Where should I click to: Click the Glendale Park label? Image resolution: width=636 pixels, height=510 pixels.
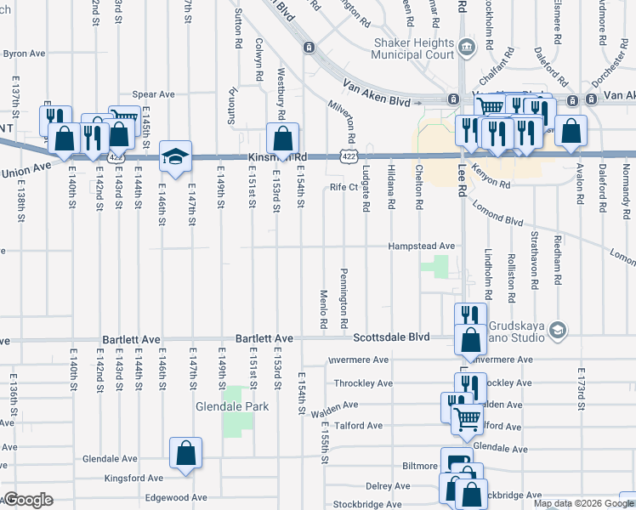coord(232,407)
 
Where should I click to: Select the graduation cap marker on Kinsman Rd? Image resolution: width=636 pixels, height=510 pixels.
coord(175,157)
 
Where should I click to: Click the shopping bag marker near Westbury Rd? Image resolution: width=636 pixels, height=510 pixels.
coord(282,139)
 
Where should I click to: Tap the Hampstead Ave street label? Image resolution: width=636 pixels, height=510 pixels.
coord(421,246)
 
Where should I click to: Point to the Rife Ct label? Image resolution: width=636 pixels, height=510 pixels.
coord(344,187)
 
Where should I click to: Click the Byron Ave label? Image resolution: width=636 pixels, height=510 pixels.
coord(24,54)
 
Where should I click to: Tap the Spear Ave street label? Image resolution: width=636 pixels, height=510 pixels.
coord(153,94)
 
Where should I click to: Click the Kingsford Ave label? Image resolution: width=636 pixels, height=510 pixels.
coord(134,479)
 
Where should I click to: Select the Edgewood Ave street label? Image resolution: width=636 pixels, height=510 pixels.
coord(176,498)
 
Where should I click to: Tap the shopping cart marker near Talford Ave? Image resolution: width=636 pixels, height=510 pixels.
coord(466,419)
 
